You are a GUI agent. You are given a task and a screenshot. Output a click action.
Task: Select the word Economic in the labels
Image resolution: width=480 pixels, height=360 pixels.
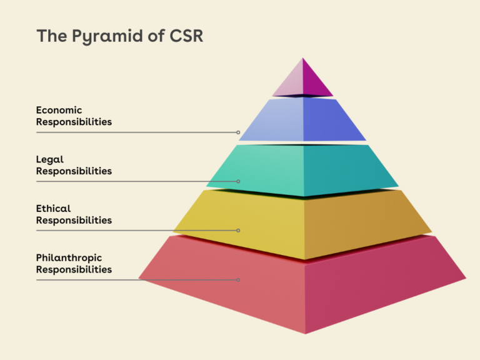[59, 110]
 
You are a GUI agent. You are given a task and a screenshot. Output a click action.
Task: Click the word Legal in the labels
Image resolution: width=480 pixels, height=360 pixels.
[50, 159]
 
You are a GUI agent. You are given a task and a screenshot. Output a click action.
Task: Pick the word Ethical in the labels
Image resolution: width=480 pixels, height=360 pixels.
[54, 208]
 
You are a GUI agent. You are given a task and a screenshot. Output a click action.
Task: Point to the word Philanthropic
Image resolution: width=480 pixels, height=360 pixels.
[69, 257]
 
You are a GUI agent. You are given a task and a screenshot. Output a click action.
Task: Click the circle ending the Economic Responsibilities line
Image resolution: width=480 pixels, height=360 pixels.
[238, 132]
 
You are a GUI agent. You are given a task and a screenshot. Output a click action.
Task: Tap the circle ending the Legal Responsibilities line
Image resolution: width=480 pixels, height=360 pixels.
[238, 181]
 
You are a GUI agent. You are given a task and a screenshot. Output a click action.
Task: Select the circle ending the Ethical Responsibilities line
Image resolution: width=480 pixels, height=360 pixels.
[238, 231]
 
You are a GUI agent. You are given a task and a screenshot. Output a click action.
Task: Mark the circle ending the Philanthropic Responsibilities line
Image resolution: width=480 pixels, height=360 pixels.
[238, 279]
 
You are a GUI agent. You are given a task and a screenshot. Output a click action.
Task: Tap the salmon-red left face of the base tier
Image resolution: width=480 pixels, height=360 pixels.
[237, 287]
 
